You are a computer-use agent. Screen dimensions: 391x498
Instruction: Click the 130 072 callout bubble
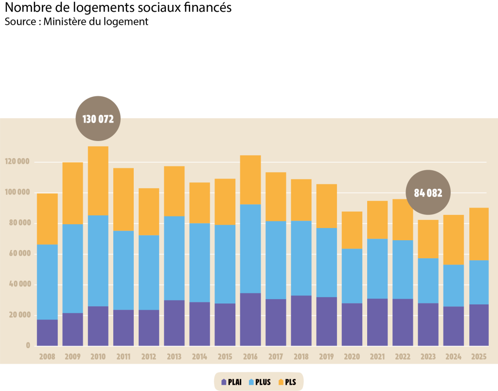coord(98,119)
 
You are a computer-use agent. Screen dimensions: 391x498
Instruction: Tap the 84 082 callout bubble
coord(428,193)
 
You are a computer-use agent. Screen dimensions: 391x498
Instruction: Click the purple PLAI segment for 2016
coord(250,319)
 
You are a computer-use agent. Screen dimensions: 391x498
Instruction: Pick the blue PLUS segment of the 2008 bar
coord(47,282)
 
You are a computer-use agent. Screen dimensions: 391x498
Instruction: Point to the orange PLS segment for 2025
coord(479,234)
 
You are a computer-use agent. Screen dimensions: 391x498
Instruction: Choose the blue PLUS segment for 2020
coord(352,276)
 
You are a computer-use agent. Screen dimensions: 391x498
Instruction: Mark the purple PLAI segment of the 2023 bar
coord(428,324)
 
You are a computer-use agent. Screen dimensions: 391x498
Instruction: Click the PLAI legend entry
coord(231,382)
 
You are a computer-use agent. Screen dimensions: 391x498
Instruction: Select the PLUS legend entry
coord(260,382)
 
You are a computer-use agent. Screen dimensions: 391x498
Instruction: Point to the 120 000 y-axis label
coord(18,161)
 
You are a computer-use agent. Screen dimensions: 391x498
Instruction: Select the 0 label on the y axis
coord(28,346)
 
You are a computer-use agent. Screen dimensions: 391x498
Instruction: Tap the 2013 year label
coord(174,357)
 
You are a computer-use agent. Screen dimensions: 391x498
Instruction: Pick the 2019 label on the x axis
coord(326,357)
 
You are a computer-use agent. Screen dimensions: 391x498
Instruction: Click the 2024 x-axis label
coord(453,357)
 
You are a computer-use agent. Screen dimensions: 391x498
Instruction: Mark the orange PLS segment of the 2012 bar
coord(149,212)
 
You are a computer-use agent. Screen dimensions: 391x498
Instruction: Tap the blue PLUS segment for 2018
coord(301,258)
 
